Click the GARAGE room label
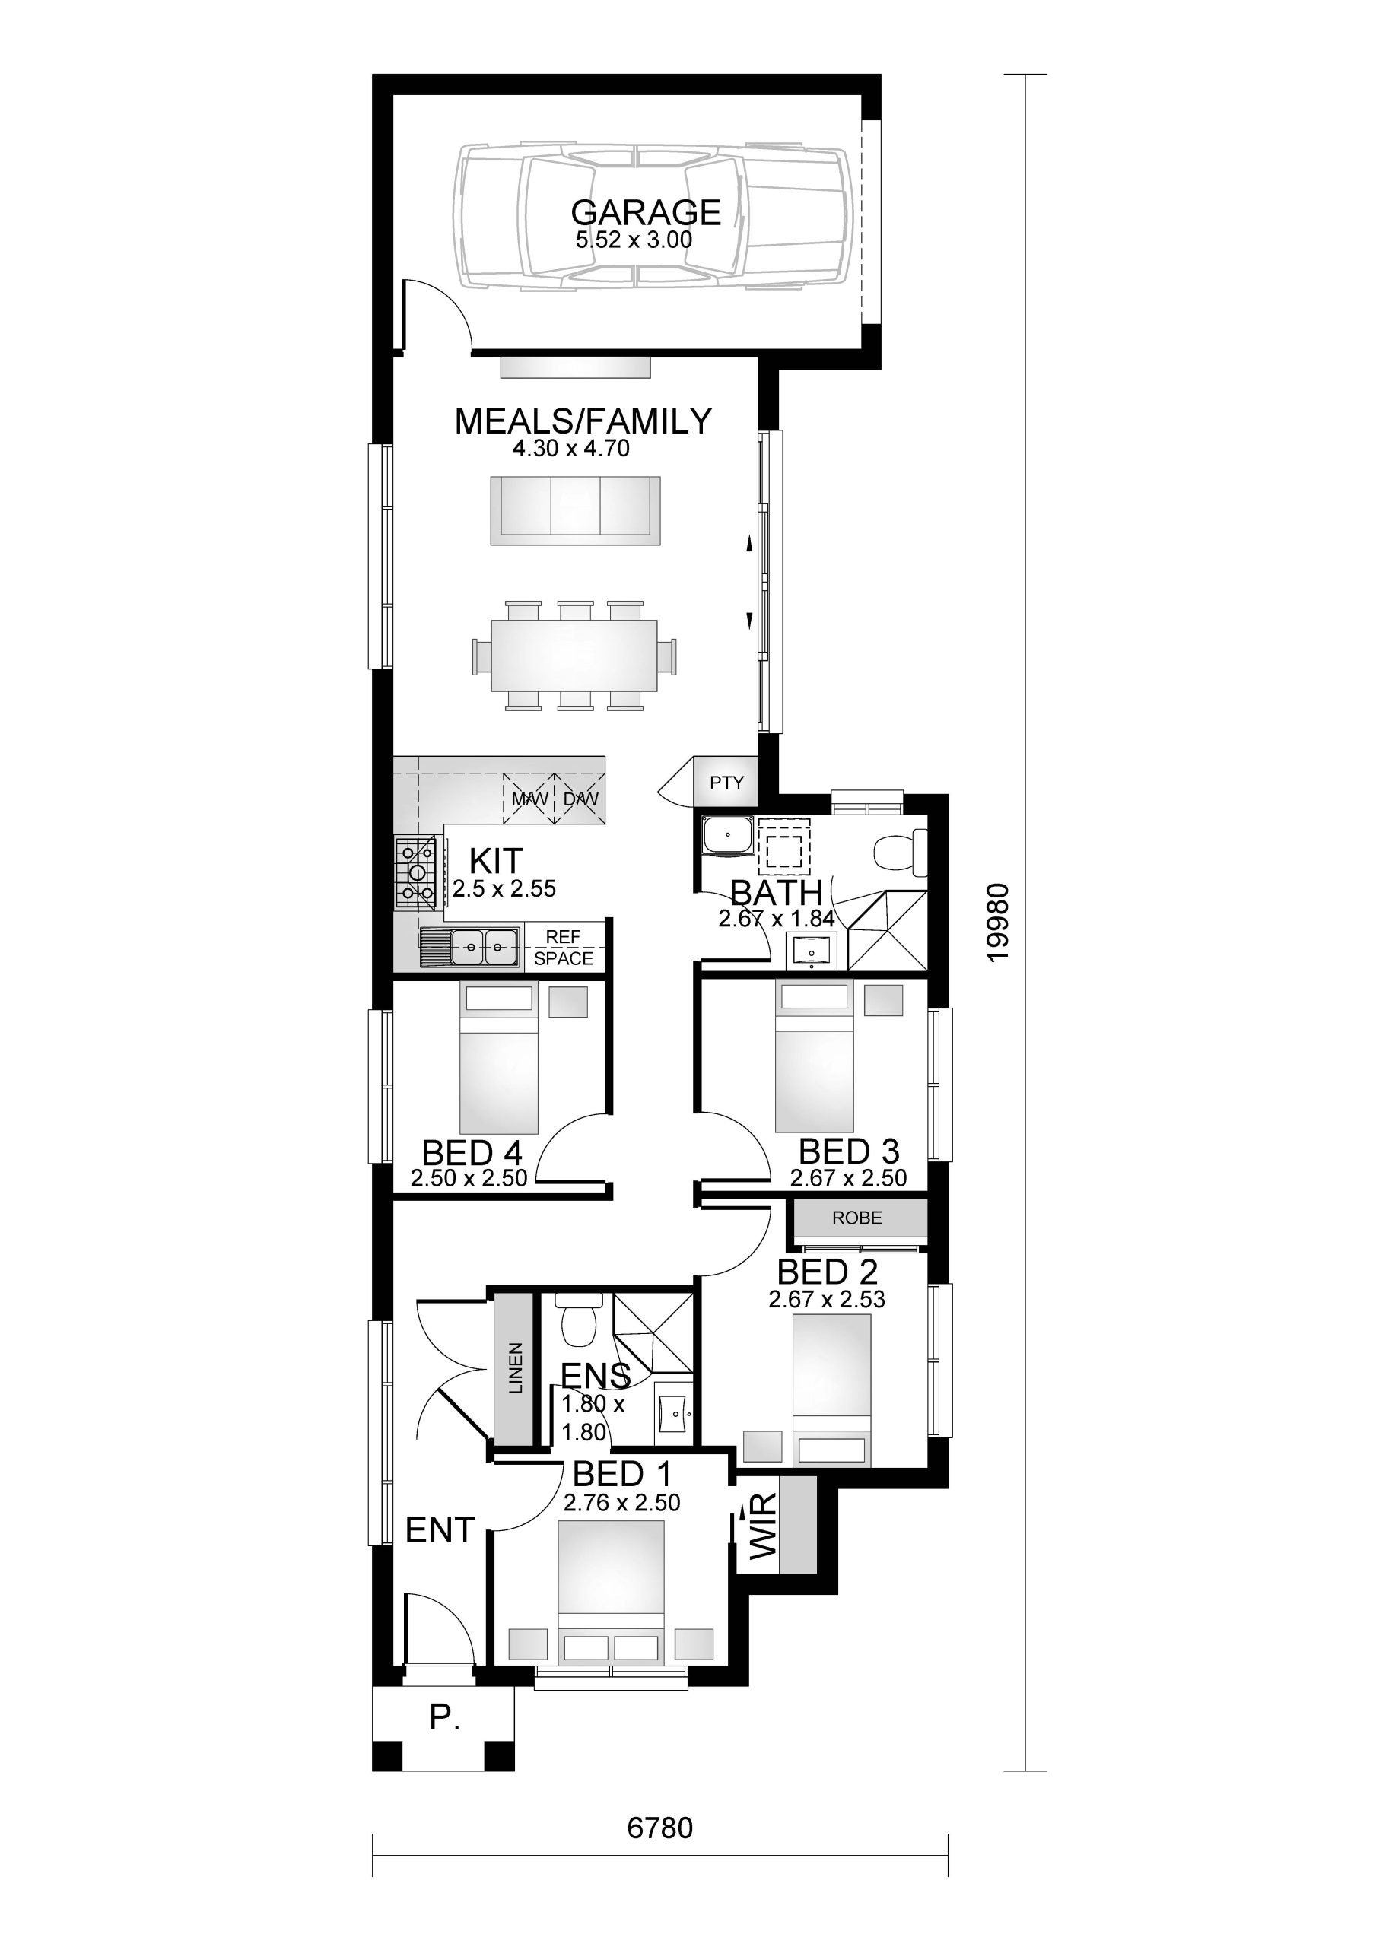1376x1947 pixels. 646,212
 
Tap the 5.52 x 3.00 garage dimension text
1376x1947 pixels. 634,240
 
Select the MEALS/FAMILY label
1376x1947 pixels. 583,421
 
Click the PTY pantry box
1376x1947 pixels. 726,783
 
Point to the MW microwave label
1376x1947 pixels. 529,799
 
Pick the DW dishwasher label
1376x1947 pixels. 581,799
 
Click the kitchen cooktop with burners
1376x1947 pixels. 415,872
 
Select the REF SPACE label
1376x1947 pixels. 564,947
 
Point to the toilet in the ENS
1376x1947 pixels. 580,1325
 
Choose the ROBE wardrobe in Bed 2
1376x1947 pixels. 858,1218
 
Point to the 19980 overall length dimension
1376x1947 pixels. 999,923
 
